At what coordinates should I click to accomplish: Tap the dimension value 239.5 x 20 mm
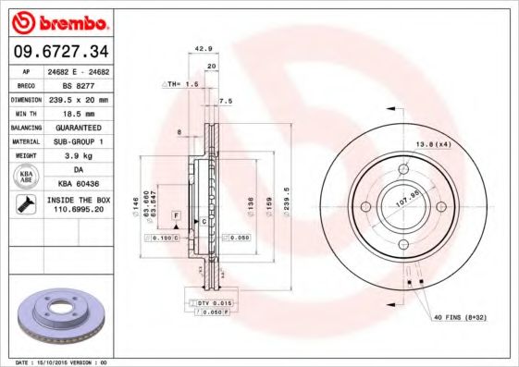[80, 98]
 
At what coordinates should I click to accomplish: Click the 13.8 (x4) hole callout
[432, 145]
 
